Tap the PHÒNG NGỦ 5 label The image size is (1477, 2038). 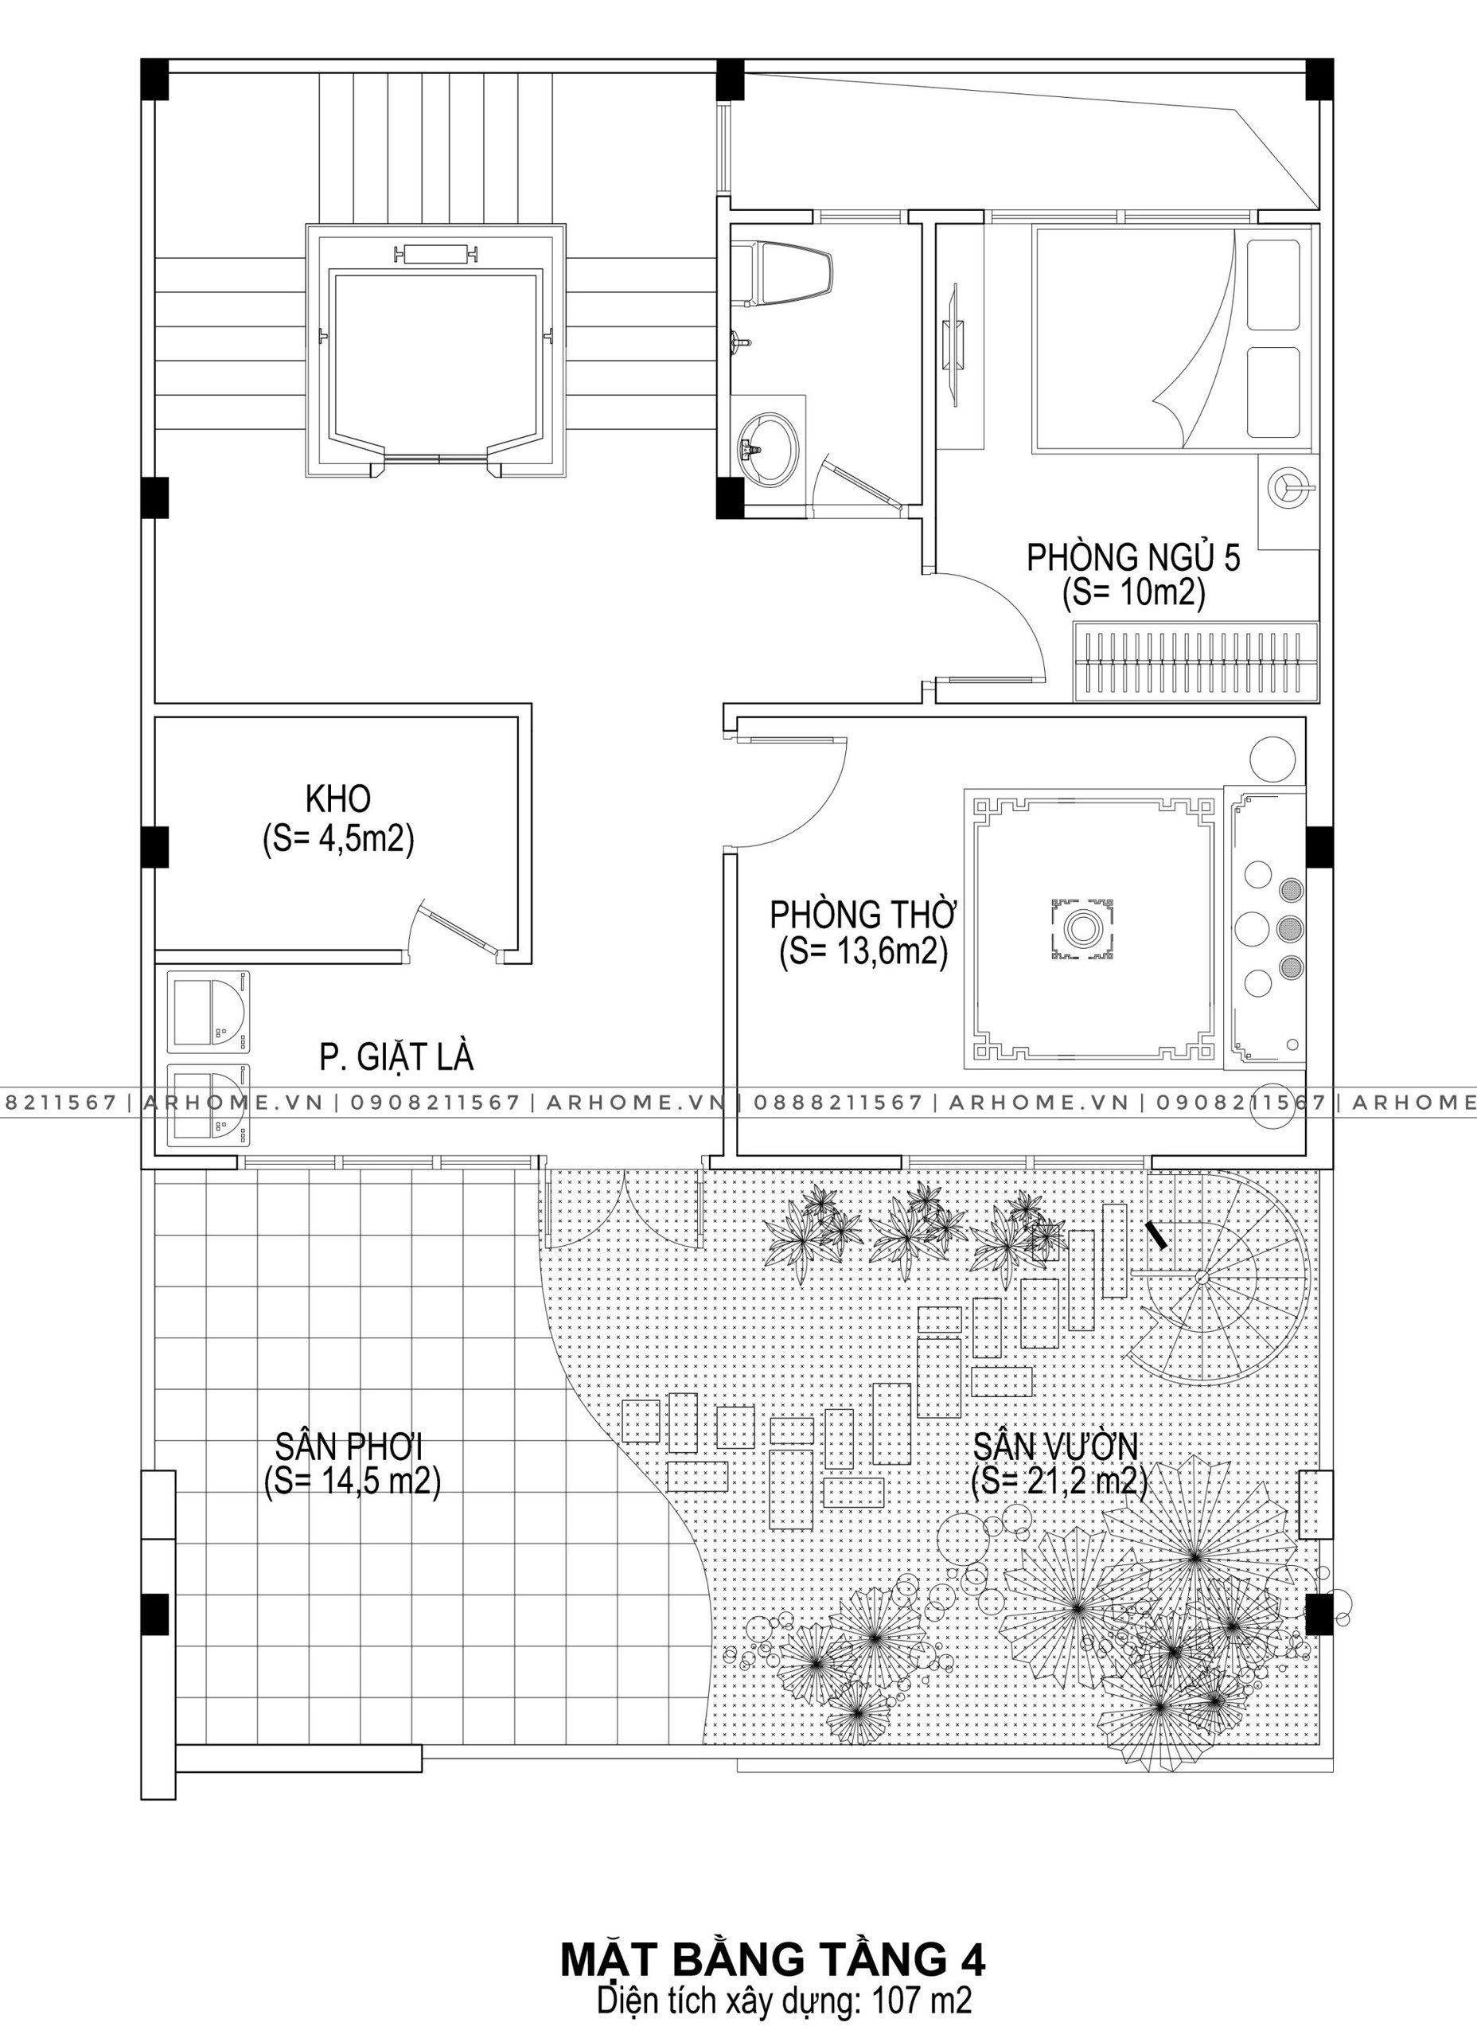point(1134,558)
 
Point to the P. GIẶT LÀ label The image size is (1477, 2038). point(396,1058)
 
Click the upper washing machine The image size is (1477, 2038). point(207,1011)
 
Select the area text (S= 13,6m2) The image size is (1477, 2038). point(863,951)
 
